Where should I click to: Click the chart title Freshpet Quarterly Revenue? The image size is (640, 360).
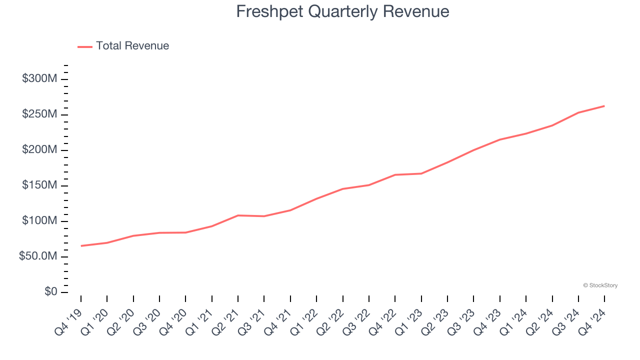coord(342,11)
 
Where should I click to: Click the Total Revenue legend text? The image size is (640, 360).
coord(132,46)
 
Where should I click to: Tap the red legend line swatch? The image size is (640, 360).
coord(85,46)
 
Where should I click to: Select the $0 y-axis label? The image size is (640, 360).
coord(50,292)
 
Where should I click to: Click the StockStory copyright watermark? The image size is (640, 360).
coord(600,285)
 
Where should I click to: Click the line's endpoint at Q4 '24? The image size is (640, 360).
coord(604,106)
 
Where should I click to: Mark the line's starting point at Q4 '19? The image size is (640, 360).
coord(81,246)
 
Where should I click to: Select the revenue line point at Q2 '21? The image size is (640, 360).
coord(238,215)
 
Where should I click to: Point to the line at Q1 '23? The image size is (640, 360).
coord(421,173)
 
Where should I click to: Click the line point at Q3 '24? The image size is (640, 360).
coord(578,112)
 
